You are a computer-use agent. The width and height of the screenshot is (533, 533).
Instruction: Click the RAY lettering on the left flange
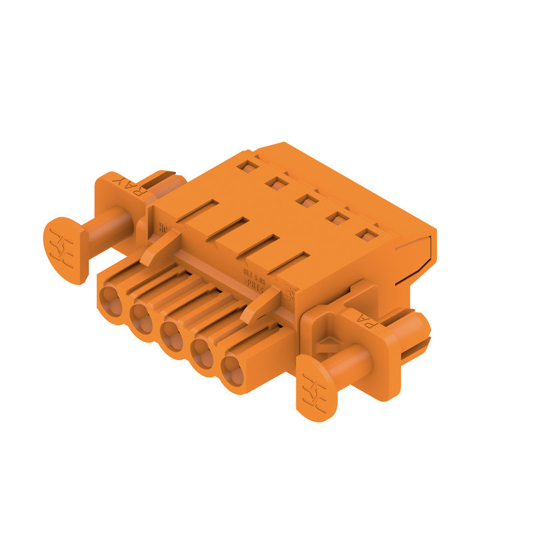[x=126, y=186]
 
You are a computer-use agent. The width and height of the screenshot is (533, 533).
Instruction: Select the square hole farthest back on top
[x=247, y=165]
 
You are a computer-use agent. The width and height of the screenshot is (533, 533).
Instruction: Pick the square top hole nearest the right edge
[x=365, y=234]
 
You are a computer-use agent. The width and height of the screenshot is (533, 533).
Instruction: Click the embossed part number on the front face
[x=255, y=276]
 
